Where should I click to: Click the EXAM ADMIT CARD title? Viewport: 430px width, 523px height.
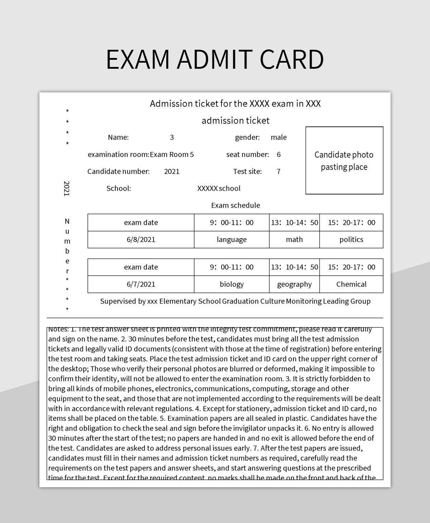[x=215, y=59]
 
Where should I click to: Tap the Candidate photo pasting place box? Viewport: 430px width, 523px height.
[x=344, y=160]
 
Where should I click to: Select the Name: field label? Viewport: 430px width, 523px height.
[x=118, y=137]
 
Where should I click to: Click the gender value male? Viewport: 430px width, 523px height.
[x=279, y=137]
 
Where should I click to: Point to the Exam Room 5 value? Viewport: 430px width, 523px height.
[x=172, y=155]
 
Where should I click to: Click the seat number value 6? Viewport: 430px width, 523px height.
[x=279, y=155]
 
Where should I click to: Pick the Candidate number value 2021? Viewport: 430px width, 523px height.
[x=172, y=171]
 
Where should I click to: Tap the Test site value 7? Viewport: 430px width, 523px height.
[x=278, y=171]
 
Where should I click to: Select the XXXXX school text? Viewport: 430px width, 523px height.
[x=219, y=189]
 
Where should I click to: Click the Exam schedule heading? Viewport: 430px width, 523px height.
[x=235, y=205]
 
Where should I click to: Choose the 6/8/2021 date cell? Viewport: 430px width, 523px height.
[x=141, y=239]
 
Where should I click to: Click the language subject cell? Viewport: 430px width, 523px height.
[x=231, y=239]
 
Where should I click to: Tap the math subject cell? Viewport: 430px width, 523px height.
[x=294, y=239]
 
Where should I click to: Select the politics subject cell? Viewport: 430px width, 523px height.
[x=351, y=239]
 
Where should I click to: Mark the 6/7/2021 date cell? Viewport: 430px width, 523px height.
[x=141, y=284]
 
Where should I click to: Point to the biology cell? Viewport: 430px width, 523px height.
[x=231, y=284]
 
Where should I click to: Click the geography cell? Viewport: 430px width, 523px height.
[x=294, y=284]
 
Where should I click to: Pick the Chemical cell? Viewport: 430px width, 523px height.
[x=351, y=284]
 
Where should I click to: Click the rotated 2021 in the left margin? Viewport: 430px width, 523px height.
[x=67, y=189]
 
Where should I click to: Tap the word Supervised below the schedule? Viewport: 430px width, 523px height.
[x=118, y=301]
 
